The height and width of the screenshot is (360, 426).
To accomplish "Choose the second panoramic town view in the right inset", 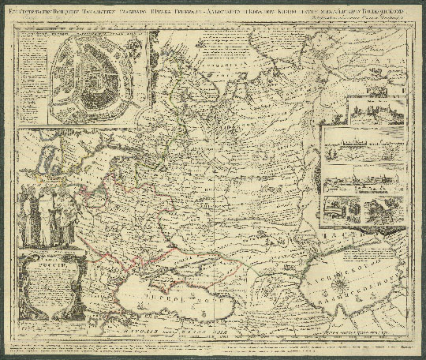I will [364, 146].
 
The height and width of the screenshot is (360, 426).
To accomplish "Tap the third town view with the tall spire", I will [364, 181].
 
